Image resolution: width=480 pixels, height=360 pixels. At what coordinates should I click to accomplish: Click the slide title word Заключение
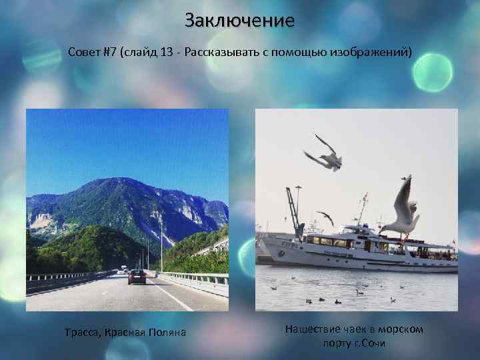pyautogui.click(x=239, y=20)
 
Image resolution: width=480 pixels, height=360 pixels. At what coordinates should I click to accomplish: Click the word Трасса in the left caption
pyautogui.click(x=81, y=331)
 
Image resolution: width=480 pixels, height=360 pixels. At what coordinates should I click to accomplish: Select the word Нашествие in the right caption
pyautogui.click(x=313, y=329)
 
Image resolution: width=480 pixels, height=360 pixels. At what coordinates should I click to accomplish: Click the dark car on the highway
pyautogui.click(x=137, y=277)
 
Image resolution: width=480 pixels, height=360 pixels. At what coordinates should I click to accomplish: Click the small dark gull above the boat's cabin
pyautogui.click(x=326, y=217)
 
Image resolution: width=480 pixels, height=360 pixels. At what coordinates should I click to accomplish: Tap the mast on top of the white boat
pyautogui.click(x=362, y=207)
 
